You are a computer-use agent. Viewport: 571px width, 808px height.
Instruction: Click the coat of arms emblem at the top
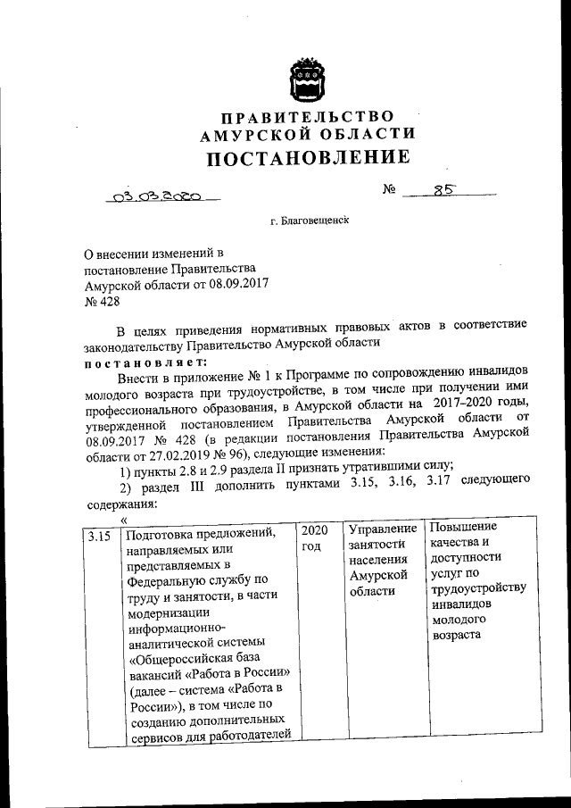pyautogui.click(x=309, y=81)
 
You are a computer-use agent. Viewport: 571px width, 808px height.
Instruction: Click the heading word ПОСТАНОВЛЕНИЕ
pyautogui.click(x=309, y=159)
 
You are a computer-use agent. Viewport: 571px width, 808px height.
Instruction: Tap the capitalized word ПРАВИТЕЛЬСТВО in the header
pyautogui.click(x=308, y=117)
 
